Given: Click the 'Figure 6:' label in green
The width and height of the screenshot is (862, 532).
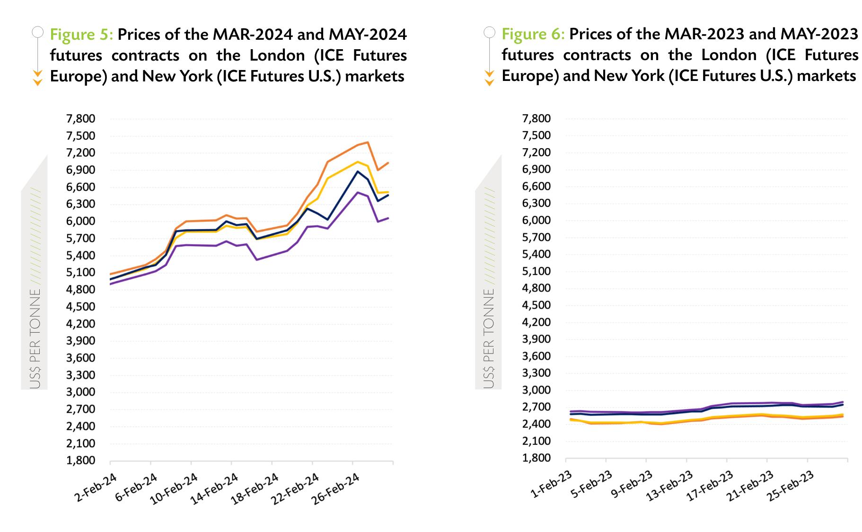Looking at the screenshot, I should click(533, 34).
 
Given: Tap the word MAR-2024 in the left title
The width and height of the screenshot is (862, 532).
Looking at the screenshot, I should click(249, 35).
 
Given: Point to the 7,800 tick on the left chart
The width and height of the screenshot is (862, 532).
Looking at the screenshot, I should click(81, 119).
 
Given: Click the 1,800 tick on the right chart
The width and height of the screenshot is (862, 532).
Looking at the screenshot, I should click(537, 458).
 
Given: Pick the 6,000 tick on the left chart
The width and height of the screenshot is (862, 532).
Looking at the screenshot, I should click(81, 222).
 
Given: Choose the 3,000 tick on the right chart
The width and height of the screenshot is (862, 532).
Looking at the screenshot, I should click(537, 390).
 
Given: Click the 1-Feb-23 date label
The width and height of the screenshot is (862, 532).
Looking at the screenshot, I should click(551, 485).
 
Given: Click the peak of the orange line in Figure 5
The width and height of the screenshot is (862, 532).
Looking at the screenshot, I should click(368, 142).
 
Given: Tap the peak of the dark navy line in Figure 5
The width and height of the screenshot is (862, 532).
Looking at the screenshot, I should click(358, 171).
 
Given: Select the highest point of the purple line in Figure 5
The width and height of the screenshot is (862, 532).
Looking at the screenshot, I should click(358, 192).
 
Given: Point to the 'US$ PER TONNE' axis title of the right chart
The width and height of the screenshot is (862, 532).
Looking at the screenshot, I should click(489, 338).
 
